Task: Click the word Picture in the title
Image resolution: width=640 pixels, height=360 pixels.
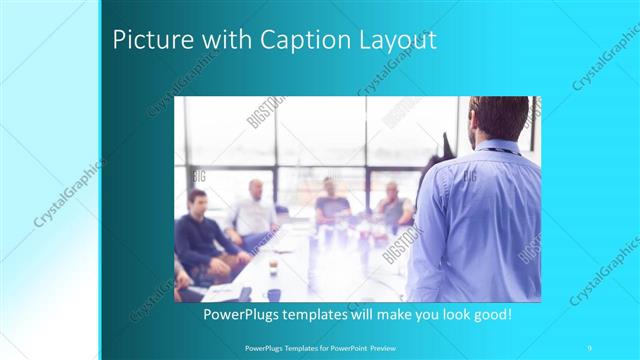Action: pos(146,42)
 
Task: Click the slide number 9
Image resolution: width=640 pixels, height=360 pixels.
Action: pos(590,346)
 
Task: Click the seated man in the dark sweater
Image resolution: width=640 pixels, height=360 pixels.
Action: pos(200,235)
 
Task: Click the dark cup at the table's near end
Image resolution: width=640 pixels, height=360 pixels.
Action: pos(273,295)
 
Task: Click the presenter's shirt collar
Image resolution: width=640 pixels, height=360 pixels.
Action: pos(496,147)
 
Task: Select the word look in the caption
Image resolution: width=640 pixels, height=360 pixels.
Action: pos(445,314)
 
